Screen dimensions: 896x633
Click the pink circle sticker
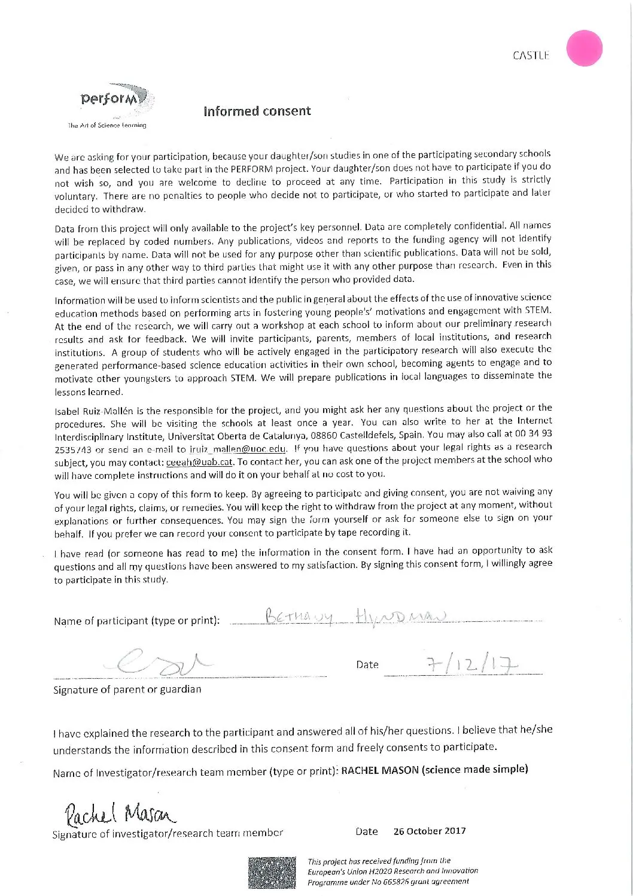tap(584, 48)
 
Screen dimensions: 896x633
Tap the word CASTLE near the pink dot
tap(531, 56)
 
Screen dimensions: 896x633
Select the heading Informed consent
tap(257, 111)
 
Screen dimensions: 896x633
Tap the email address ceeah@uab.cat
tap(199, 462)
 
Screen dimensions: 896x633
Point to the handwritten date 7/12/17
tap(471, 664)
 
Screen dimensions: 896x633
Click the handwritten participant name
tap(357, 616)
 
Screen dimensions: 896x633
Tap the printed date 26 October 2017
tap(429, 831)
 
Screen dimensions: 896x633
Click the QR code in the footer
tap(272, 872)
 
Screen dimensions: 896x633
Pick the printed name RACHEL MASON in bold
tap(379, 770)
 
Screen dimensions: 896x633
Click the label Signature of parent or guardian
tap(127, 690)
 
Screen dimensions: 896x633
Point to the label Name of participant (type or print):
tap(136, 621)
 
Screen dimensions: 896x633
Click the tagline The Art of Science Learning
tap(107, 125)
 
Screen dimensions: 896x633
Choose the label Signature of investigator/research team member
tap(168, 833)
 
